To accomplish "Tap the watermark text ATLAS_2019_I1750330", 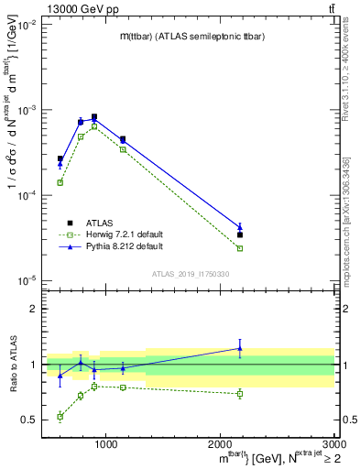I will [x=191, y=274].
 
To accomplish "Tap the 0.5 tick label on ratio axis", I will [x=29, y=420].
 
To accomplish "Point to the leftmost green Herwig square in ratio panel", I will [x=60, y=417].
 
